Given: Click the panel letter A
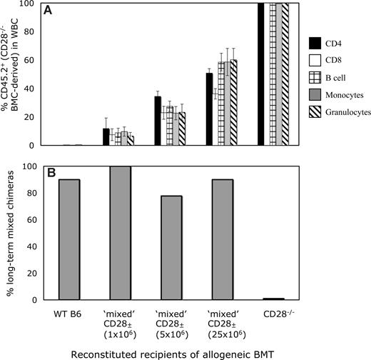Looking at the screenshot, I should (x=46, y=11).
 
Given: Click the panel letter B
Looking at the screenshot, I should (x=46, y=173).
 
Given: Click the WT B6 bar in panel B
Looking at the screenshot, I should (x=68, y=239).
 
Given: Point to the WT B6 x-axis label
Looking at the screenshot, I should (x=68, y=313).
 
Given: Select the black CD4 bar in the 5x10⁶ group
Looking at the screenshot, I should (x=158, y=121).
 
